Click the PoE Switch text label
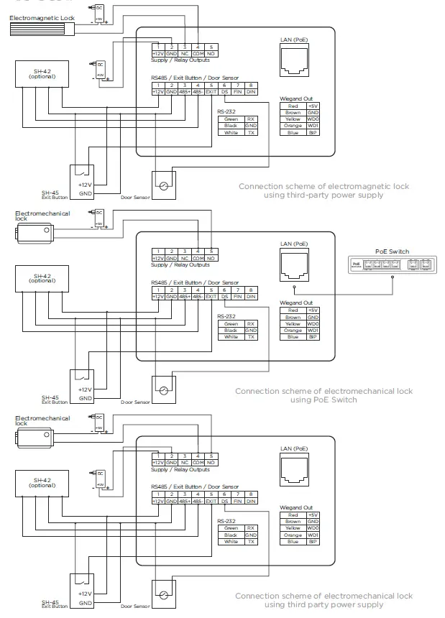coord(392,252)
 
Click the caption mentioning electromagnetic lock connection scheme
coord(324,190)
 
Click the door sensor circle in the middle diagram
coord(164,390)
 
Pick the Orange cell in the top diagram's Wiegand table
coord(293,126)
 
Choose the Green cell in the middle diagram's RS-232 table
coord(231,323)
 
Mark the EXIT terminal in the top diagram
coord(211,91)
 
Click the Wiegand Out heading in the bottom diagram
coord(295,507)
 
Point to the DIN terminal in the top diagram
coord(250,91)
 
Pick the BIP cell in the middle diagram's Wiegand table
coord(313,337)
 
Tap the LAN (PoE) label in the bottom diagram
coord(295,448)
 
